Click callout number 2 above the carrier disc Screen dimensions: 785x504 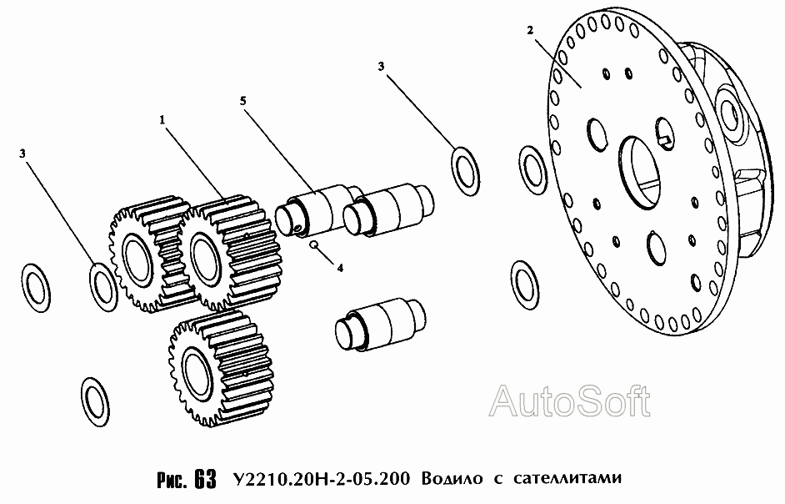click(530, 30)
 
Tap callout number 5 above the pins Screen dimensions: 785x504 click(242, 101)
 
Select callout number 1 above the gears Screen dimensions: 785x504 click(162, 120)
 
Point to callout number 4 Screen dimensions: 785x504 click(340, 269)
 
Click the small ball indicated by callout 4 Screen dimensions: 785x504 click(313, 244)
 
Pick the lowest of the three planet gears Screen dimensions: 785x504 click(217, 368)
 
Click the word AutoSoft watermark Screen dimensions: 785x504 click(570, 401)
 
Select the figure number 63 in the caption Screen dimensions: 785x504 click(205, 480)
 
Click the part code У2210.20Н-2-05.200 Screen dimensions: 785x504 click(321, 478)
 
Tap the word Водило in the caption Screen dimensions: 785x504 click(452, 478)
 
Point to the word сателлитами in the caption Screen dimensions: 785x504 click(567, 478)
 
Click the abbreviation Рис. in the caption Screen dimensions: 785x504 click(172, 480)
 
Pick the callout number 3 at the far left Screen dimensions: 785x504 click(22, 154)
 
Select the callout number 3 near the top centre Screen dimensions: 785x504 click(381, 66)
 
